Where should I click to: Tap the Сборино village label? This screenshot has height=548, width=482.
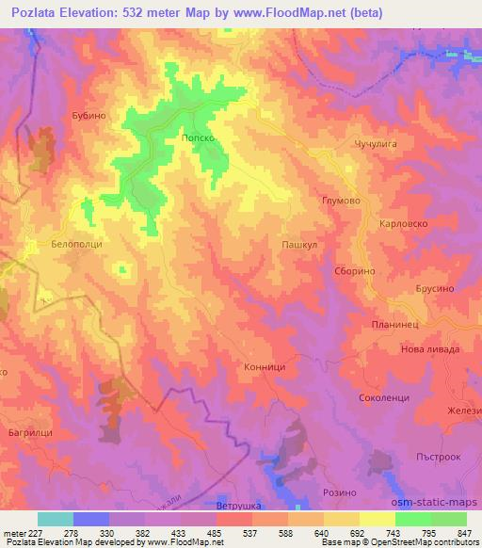(356, 270)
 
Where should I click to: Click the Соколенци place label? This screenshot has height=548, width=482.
(384, 398)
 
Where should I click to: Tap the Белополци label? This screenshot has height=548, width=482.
(76, 244)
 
